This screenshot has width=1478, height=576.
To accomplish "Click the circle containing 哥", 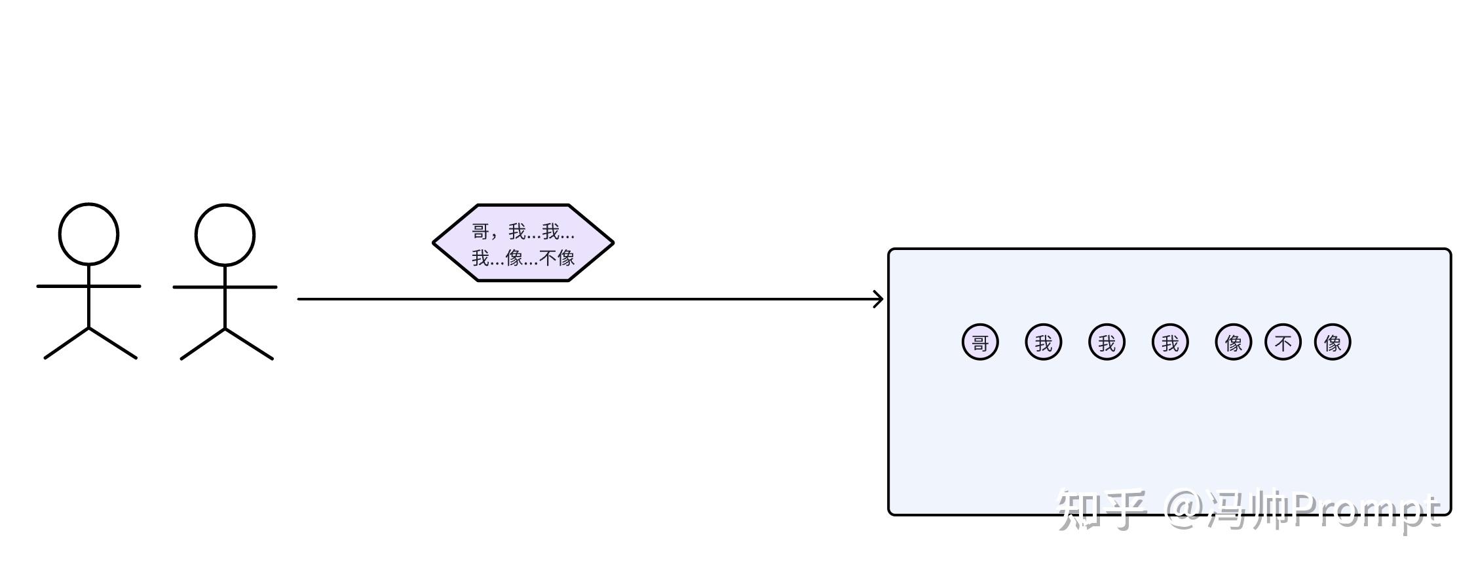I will click(979, 342).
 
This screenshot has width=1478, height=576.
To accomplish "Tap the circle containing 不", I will click(1283, 342).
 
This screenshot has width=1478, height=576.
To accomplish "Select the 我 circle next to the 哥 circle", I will click(1043, 342).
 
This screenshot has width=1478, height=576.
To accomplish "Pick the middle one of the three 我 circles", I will click(1107, 342).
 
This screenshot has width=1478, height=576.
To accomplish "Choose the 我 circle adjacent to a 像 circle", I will click(1170, 342).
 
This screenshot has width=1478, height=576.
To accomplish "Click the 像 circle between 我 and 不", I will click(1233, 342).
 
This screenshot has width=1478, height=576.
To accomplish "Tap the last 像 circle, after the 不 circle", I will click(1333, 342).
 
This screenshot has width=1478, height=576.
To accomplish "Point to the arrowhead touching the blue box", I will click(879, 299).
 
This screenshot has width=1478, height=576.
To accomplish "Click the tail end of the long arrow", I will click(300, 299).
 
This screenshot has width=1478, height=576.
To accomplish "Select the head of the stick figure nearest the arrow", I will click(225, 235).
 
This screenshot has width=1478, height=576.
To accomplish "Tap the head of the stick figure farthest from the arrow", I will click(88, 234).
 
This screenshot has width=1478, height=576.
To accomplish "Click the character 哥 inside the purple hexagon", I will click(481, 232).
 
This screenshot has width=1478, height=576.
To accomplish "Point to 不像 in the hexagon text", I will click(557, 258).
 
